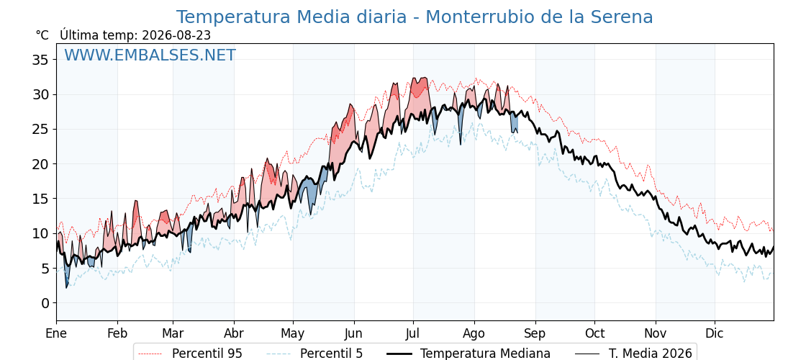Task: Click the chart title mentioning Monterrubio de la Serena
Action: tap(415, 17)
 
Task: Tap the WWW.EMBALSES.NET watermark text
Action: tap(150, 55)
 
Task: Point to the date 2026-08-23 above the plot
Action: tap(176, 35)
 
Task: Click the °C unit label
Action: tap(42, 35)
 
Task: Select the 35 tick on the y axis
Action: tap(40, 60)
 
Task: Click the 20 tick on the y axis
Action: tap(40, 164)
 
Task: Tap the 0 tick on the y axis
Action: tap(45, 303)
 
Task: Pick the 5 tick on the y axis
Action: tap(45, 269)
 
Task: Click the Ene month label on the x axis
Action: tap(56, 333)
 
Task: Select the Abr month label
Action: tap(234, 333)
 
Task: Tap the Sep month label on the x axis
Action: tap(535, 333)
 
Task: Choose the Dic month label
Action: tap(715, 333)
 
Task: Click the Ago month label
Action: tap(474, 334)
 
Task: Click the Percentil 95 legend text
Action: tap(207, 354)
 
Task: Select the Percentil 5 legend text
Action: tap(331, 354)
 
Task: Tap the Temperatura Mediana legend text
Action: tap(485, 354)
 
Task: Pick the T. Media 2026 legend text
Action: tap(651, 354)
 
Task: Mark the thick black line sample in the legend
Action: tap(399, 354)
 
